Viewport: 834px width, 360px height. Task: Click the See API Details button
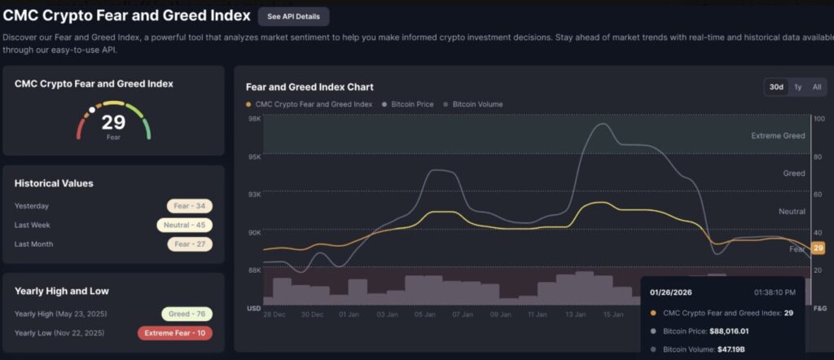pos(294,16)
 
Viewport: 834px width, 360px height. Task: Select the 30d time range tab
pos(776,87)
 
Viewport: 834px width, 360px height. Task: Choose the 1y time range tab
pos(798,87)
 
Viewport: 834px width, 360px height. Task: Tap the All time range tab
pos(816,87)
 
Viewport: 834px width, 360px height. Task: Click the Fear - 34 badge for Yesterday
pos(189,206)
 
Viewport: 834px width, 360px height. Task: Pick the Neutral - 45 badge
pos(183,225)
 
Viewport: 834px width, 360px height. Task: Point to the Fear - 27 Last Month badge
pos(189,244)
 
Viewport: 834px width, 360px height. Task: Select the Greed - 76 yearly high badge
pos(186,314)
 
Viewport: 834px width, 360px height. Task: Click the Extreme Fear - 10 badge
pos(175,333)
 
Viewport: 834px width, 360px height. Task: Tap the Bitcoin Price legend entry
pos(409,104)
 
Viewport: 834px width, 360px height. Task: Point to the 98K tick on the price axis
pos(254,119)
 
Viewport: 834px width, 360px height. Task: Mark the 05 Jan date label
pos(425,314)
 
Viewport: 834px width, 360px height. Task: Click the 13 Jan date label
pos(577,314)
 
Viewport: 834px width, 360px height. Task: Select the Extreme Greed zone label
pos(777,136)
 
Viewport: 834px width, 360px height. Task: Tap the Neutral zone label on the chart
pos(792,211)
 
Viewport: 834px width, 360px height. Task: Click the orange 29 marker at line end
pos(819,248)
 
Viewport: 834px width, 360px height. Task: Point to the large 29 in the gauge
pos(113,123)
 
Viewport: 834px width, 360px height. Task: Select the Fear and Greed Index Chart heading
pos(309,87)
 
